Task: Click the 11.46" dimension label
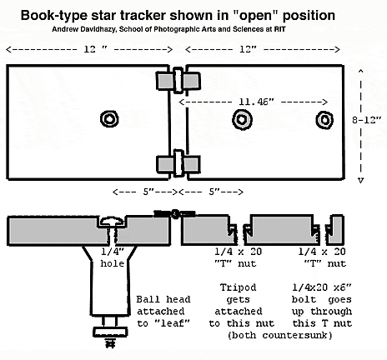tap(257, 102)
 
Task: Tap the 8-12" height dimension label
tap(367, 120)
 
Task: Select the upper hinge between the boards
tap(178, 81)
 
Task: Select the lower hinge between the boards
tap(178, 164)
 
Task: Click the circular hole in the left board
tap(109, 119)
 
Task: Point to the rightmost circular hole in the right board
tap(324, 120)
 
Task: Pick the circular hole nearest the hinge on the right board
tap(242, 119)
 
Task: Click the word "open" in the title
tap(256, 16)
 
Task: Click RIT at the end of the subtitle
tap(279, 29)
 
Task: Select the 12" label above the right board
tap(248, 49)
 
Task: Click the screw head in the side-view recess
tap(112, 221)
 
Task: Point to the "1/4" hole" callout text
tap(113, 257)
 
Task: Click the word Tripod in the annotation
tap(238, 287)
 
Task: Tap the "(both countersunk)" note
tap(280, 335)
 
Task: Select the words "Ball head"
tap(163, 299)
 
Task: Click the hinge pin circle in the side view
tap(174, 214)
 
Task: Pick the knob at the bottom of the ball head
tap(110, 332)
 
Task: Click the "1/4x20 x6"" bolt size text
tap(322, 287)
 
